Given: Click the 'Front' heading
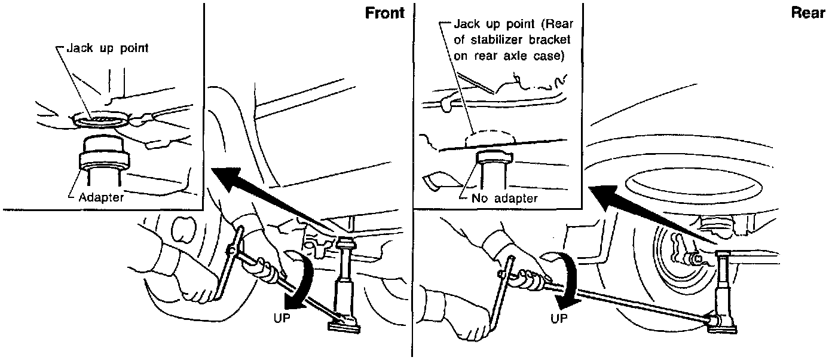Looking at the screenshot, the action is [384, 13].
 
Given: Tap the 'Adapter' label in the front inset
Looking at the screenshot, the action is [101, 197].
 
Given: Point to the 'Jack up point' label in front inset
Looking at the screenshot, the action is [107, 49].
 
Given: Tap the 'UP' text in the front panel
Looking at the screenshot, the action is [282, 319].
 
